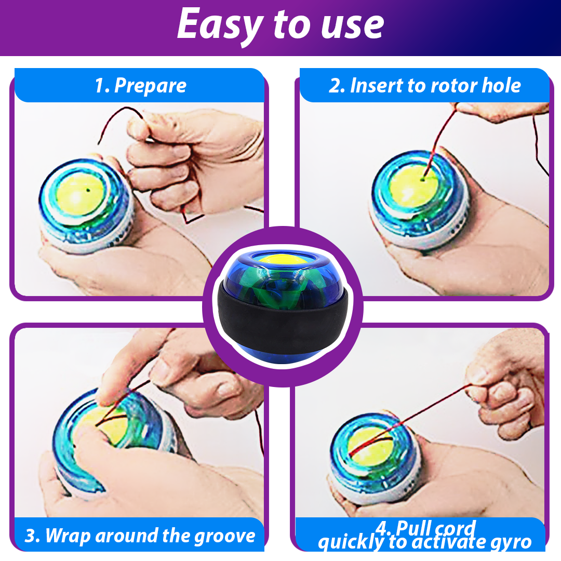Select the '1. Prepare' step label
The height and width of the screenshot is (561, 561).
[140, 86]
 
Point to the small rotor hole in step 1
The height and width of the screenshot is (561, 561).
[89, 190]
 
